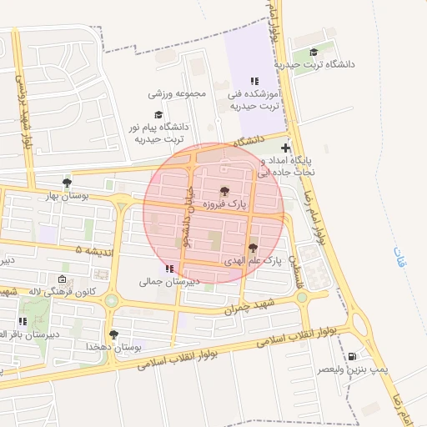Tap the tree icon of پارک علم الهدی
pos(252,248)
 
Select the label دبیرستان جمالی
pos(170,282)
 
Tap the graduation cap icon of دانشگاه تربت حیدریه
pos(313,52)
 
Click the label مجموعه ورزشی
pos(177,93)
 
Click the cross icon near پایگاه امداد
pos(286,148)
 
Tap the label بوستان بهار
pos(67,194)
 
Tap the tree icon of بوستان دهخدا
pos(113,334)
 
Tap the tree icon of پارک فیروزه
pos(224,190)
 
